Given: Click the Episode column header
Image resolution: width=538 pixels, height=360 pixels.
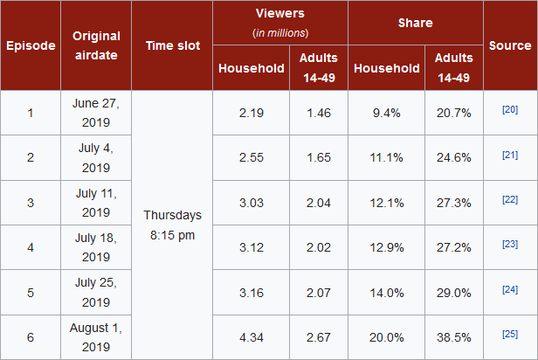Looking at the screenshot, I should [x=31, y=45].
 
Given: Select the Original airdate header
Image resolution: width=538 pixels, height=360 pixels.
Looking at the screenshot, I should [x=96, y=45].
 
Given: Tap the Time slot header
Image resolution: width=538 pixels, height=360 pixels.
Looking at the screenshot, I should [x=171, y=45].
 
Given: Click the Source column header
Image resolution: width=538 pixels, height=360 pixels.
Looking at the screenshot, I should [x=510, y=45].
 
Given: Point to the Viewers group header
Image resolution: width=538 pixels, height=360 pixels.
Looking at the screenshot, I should [x=280, y=23].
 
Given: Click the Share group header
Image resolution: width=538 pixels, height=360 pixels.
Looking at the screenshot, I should [x=416, y=24].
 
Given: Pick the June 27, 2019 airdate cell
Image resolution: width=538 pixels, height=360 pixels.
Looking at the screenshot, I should [x=96, y=113].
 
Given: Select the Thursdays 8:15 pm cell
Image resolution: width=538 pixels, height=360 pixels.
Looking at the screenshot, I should [x=172, y=224].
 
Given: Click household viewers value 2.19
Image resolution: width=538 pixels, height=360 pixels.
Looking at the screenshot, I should [x=252, y=113].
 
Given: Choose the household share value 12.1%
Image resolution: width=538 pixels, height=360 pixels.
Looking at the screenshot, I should [x=387, y=203].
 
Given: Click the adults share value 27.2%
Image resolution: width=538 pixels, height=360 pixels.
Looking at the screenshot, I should [x=453, y=247].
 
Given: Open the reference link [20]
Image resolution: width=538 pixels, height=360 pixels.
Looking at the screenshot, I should [x=510, y=109].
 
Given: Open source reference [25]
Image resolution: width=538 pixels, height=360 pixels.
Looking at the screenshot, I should [x=510, y=334].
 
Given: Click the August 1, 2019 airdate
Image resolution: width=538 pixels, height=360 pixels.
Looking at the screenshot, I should [x=96, y=337].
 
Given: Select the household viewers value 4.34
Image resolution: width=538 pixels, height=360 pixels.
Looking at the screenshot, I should [x=252, y=337].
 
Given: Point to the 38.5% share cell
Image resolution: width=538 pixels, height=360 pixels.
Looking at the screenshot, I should [x=453, y=337].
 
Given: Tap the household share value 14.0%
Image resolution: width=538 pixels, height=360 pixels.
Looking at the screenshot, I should [x=387, y=293].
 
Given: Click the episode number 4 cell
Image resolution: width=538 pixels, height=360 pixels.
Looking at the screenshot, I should [x=31, y=247].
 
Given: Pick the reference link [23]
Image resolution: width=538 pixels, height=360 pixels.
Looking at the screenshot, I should [x=510, y=245].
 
